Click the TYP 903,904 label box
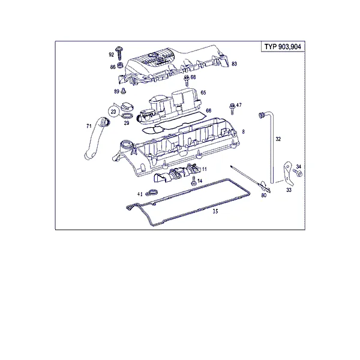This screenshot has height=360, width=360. point(283,47)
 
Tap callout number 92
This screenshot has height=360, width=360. point(112,55)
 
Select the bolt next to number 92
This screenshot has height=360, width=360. point(119,53)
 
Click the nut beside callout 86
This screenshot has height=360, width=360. point(120,65)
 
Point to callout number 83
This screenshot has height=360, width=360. point(234,64)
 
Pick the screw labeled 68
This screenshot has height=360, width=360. point(186,80)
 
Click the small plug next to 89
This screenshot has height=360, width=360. point(124,91)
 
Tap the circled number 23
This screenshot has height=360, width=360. point(113,112)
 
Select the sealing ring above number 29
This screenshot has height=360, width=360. point(127,115)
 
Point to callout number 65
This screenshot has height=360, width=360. point(203,92)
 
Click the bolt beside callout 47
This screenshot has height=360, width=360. point(232,109)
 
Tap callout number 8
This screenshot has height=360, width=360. point(244,131)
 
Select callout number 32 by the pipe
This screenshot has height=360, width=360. point(278,139)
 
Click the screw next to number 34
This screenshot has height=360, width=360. point(298,173)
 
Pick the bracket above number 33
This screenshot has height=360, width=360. point(288,173)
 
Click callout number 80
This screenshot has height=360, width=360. point(264,195)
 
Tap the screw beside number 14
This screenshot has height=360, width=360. point(193,181)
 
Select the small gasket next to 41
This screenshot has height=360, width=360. point(151,193)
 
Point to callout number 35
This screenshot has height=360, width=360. point(215,211)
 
